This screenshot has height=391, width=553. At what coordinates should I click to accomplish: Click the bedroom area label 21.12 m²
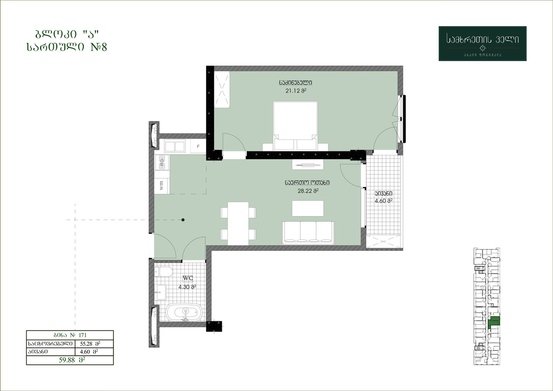(x=296, y=91)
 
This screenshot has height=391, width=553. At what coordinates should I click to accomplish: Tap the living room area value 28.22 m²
(x=308, y=191)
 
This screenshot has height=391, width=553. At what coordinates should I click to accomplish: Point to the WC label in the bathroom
(x=188, y=278)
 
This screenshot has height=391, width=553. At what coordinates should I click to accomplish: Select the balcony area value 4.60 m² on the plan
(x=384, y=201)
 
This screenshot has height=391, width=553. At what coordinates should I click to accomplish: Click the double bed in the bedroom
(x=295, y=126)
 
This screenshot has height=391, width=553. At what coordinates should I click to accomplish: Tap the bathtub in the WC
(x=184, y=313)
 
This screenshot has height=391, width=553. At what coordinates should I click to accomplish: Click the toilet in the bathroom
(x=164, y=272)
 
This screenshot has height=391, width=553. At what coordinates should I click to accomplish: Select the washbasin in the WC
(x=161, y=292)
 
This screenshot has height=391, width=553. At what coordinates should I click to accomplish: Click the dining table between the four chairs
(x=238, y=224)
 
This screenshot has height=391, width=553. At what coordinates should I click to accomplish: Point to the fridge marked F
(x=198, y=146)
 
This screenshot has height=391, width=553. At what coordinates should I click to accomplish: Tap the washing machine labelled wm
(x=162, y=186)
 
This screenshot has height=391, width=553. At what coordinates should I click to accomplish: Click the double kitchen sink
(x=175, y=147)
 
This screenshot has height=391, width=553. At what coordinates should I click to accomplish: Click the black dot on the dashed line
(x=183, y=220)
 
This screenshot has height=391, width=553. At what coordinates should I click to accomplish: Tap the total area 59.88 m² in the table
(x=72, y=360)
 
